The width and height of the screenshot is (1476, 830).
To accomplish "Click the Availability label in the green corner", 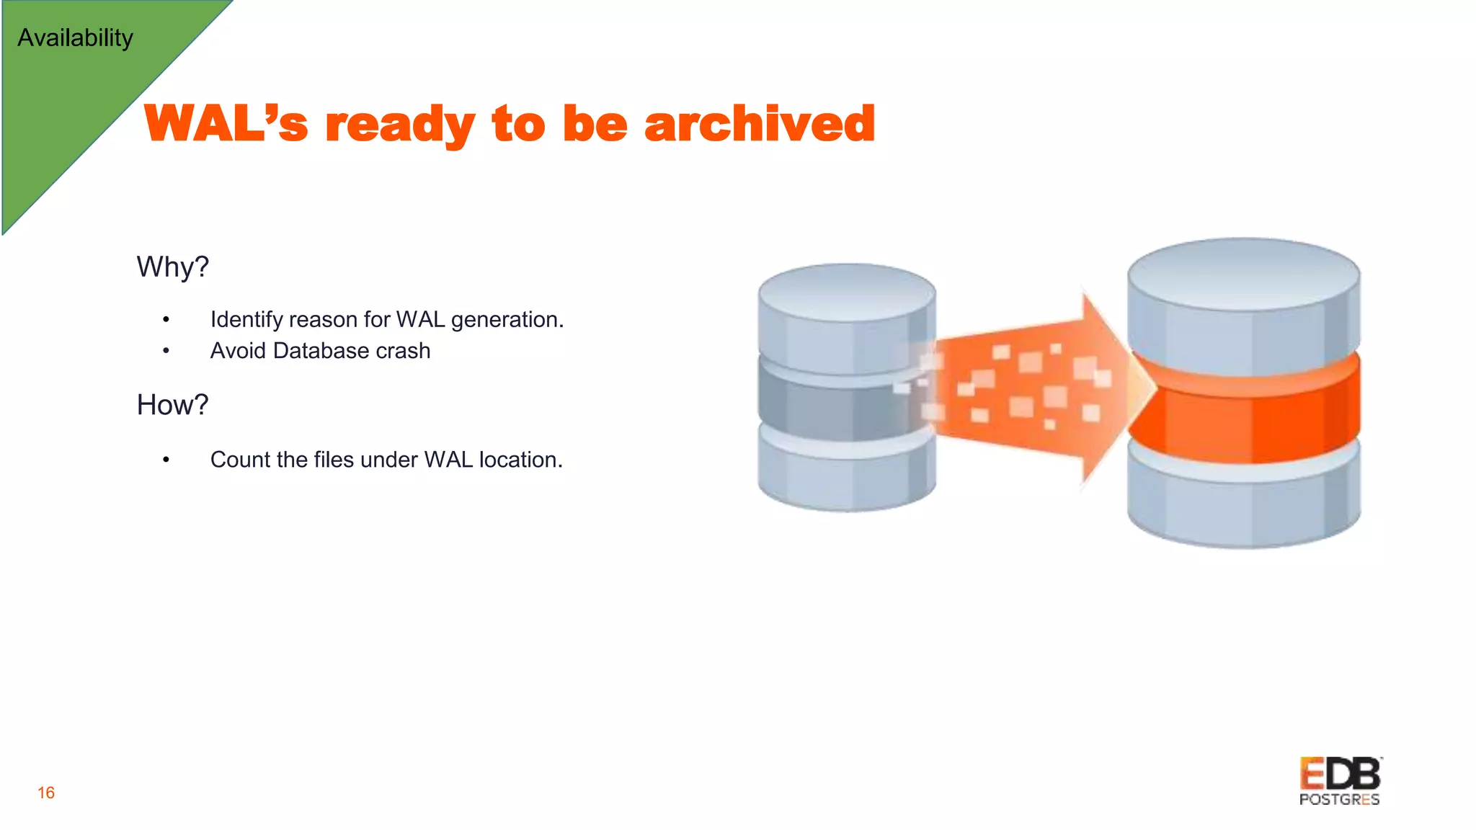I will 75,37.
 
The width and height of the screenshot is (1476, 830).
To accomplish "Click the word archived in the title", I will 760,123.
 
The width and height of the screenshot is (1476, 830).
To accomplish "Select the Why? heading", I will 172,267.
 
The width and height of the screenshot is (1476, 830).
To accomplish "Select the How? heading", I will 172,405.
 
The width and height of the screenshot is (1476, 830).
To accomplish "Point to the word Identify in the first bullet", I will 246,319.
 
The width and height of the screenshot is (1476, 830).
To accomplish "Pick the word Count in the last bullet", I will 240,460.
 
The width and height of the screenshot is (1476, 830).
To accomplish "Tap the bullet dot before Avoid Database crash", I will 166,351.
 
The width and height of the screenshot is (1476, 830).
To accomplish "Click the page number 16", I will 46,793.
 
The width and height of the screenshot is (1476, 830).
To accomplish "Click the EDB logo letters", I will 1340,775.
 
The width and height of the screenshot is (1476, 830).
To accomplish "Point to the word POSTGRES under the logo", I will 1339,800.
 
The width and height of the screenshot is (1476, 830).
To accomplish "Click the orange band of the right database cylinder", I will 1244,418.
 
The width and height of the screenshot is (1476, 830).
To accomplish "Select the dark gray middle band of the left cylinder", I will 829,407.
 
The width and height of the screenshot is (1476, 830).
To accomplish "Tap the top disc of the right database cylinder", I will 1244,274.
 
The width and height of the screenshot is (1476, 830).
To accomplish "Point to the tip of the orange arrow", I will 1153,387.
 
